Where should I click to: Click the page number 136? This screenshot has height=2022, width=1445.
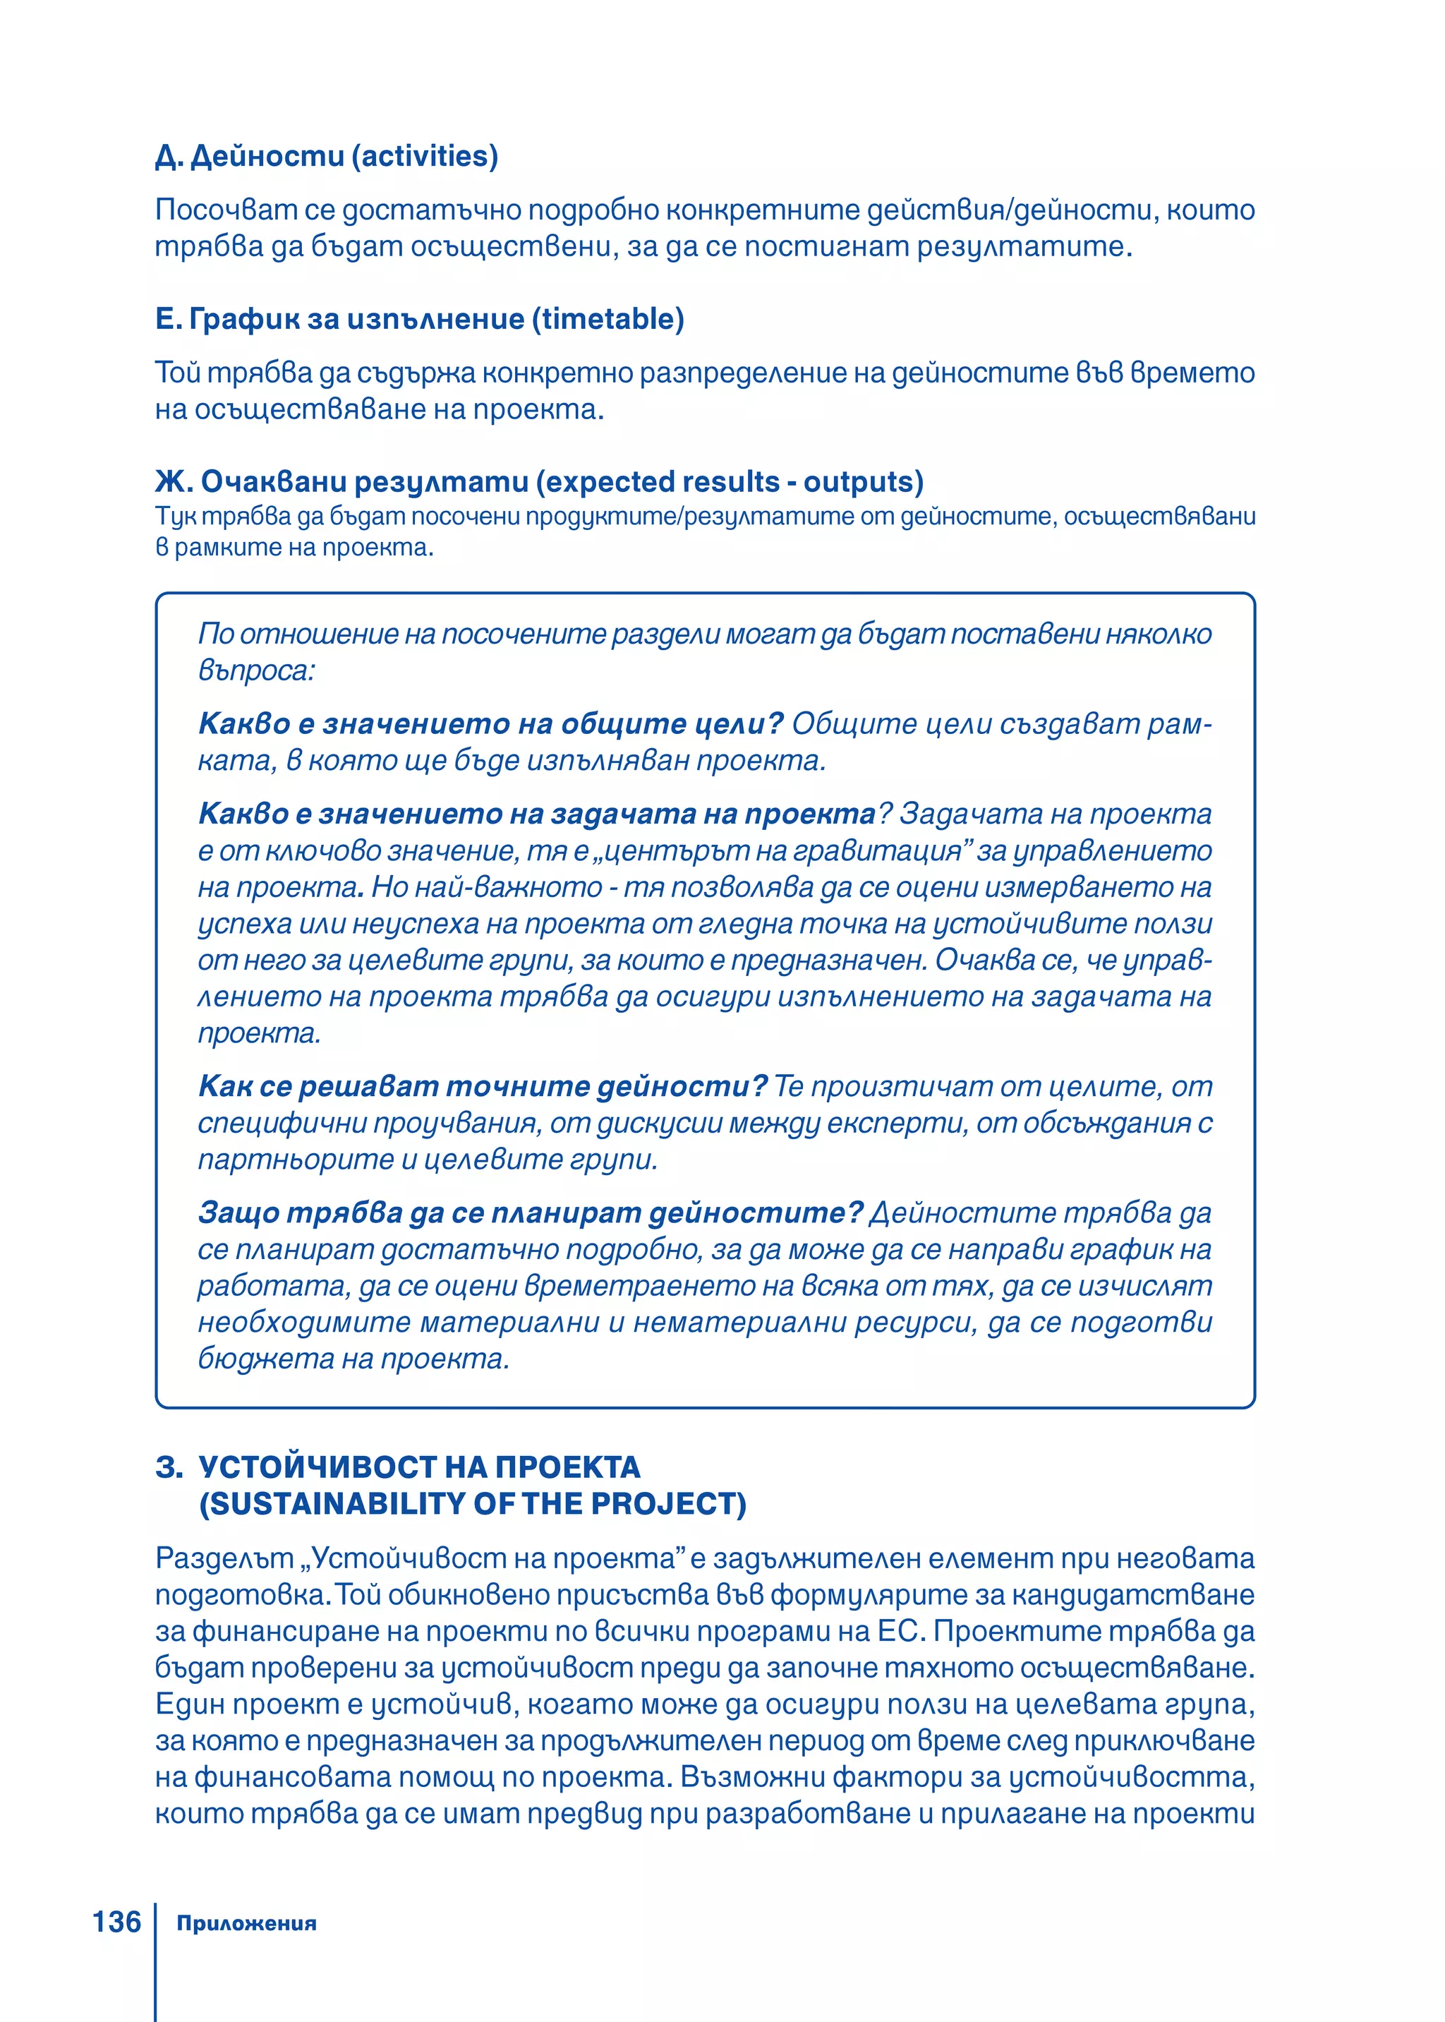pyautogui.click(x=116, y=1922)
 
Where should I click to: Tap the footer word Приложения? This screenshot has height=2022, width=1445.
pyautogui.click(x=246, y=1923)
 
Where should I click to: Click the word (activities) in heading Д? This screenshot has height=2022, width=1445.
pyautogui.click(x=425, y=156)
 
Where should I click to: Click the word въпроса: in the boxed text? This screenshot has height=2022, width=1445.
pyautogui.click(x=256, y=670)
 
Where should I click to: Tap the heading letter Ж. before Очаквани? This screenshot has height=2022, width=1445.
pyautogui.click(x=174, y=481)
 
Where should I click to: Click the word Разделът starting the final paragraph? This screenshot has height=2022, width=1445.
pyautogui.click(x=224, y=1558)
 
